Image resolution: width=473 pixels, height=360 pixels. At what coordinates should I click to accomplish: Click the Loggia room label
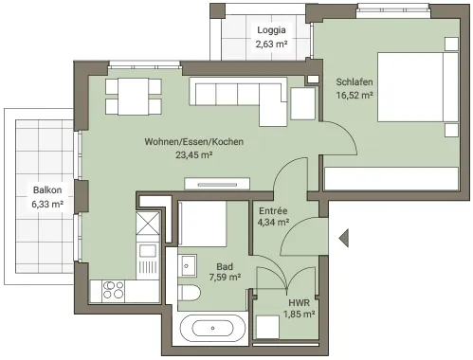(271, 30)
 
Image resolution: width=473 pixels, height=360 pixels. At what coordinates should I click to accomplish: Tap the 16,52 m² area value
(355, 95)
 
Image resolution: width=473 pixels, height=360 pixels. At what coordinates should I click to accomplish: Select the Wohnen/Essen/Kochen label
(194, 141)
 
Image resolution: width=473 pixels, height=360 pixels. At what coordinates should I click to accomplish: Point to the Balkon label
(47, 190)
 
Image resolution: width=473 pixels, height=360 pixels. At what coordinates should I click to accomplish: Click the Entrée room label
(273, 210)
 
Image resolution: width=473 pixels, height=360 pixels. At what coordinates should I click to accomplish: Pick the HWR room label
(299, 303)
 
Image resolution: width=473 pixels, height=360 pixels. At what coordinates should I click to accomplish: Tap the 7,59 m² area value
(225, 278)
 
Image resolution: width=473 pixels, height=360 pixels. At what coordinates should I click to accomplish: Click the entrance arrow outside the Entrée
(344, 238)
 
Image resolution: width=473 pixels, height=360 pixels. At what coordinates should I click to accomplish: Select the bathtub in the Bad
(212, 329)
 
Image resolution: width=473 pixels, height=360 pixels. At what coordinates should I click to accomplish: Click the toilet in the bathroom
(189, 293)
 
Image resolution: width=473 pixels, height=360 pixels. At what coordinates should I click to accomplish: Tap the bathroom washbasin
(187, 266)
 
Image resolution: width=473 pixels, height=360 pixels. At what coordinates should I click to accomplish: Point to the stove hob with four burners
(113, 290)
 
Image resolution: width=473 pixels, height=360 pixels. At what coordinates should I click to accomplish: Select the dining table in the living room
(134, 97)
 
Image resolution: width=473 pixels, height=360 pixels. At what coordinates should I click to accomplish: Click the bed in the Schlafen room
(418, 87)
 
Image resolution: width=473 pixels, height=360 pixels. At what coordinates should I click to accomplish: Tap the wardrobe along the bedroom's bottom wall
(391, 179)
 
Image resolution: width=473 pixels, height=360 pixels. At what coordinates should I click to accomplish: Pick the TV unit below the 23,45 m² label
(217, 184)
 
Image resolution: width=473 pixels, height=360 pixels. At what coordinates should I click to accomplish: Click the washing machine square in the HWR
(267, 327)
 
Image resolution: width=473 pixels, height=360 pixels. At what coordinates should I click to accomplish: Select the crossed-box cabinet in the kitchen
(148, 224)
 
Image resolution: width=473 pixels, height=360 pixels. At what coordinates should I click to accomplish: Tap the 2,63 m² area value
(271, 44)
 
